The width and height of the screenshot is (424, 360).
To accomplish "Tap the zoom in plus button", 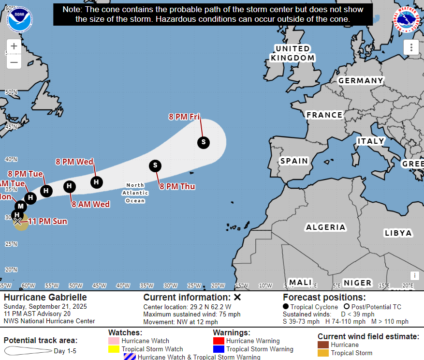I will click(14, 46).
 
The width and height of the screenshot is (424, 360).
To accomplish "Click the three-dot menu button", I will click(411, 47).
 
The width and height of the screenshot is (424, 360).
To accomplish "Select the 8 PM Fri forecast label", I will click(184, 116).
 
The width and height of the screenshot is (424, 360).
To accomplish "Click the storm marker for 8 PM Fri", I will click(204, 142).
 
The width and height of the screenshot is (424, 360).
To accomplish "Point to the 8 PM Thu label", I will click(177, 186).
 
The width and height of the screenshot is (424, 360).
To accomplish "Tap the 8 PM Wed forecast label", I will click(74, 162).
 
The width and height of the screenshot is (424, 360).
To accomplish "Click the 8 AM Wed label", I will click(91, 204).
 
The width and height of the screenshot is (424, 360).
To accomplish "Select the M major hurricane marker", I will click(21, 207).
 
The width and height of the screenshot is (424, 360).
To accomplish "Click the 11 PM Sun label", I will click(47, 222).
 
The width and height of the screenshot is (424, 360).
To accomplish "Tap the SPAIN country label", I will click(294, 161).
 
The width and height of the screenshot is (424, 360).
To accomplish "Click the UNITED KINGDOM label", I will click(292, 53).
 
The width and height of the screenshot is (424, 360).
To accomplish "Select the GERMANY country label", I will click(360, 81).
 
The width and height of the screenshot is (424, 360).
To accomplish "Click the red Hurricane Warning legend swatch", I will click(219, 341).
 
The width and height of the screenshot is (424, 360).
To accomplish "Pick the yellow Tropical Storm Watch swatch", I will click(114, 349).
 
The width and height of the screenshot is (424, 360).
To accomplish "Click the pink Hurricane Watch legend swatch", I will click(114, 341).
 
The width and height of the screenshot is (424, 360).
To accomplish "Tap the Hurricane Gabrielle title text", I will click(45, 297).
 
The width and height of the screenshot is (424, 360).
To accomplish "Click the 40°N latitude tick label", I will click(11, 159).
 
